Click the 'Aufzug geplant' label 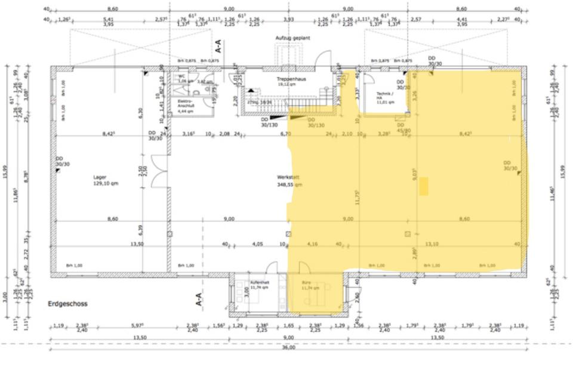(292, 38)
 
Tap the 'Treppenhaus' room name (286, 79)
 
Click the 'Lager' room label (100, 177)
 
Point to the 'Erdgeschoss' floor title (67, 304)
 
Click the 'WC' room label (182, 76)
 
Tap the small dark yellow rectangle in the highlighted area (423, 187)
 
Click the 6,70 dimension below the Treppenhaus (286, 134)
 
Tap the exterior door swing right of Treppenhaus (323, 58)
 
